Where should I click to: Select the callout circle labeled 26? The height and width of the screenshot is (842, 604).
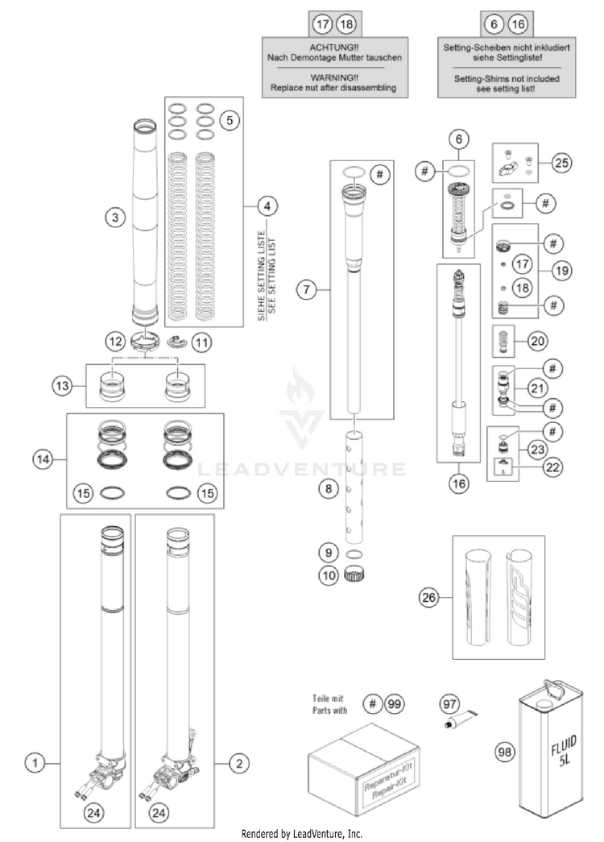pos(429,597)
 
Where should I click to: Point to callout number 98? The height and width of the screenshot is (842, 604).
pos(505,753)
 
